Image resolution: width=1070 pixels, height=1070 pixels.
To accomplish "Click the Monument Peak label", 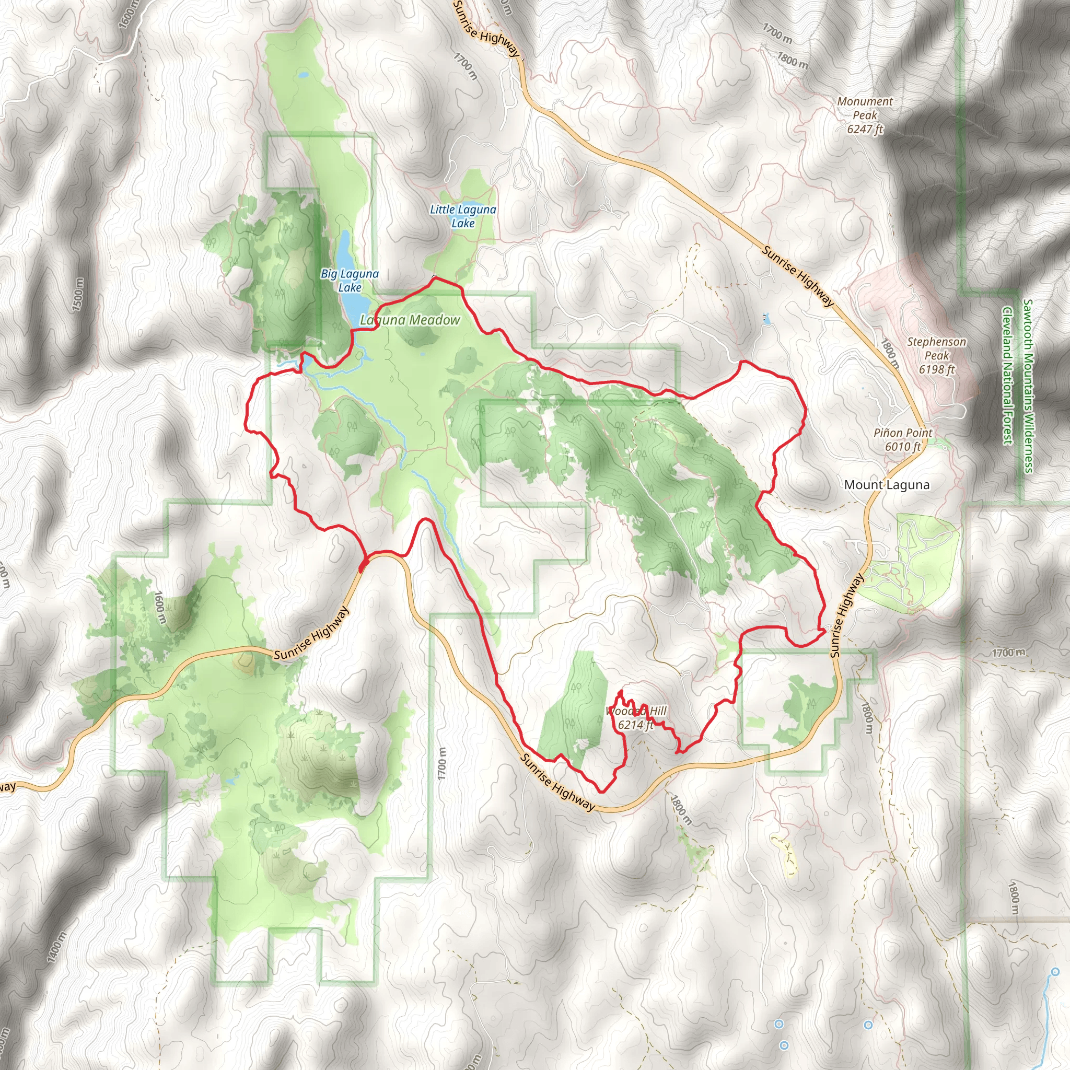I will [x=865, y=115].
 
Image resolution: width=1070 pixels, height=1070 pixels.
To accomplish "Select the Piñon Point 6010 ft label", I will [x=903, y=439].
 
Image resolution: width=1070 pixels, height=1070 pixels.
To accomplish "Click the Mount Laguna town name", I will [x=887, y=485].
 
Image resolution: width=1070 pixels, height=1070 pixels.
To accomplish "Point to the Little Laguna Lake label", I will [x=463, y=216].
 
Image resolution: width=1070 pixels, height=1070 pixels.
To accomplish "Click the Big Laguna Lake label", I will [x=350, y=280].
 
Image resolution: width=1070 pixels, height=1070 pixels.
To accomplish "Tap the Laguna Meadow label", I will [x=410, y=320].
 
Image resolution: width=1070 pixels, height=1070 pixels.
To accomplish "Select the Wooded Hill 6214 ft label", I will [x=636, y=718].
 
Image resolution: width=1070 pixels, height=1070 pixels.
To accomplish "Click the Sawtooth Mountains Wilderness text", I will [x=1028, y=386].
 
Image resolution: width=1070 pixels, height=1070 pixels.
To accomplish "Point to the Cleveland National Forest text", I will [x=1007, y=375].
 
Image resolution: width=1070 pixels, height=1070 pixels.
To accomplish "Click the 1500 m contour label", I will [x=78, y=294].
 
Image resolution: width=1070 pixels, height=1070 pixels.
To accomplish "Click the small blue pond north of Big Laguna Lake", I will [x=304, y=74].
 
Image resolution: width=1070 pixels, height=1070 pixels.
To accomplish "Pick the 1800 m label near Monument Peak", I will [x=792, y=59].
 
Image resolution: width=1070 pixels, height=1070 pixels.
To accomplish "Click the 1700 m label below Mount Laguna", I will [x=1007, y=653].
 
